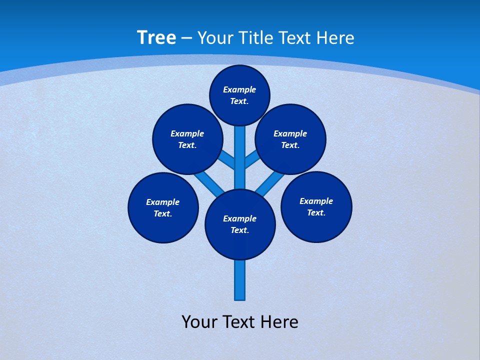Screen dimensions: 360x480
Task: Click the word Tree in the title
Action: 156,38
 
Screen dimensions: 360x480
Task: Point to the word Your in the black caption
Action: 199,321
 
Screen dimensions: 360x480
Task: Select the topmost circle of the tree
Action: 239,95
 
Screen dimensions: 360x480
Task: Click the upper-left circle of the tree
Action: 187,139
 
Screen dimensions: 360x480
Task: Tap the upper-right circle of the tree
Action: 290,139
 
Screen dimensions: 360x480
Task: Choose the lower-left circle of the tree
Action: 163,207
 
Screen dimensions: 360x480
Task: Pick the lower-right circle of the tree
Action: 316,206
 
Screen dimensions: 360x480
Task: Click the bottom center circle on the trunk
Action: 240,224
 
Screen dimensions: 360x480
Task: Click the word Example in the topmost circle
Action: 239,89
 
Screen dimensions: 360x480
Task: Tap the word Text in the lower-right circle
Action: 316,212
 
